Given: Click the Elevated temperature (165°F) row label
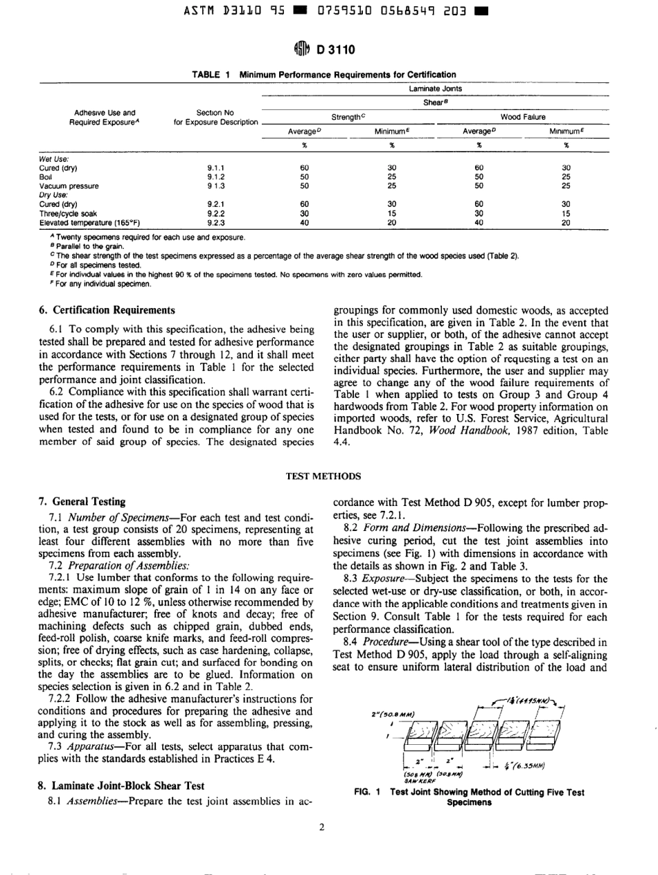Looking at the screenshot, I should tap(89, 222).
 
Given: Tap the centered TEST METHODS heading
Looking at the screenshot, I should tap(328, 476).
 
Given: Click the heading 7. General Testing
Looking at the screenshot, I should tap(82, 500).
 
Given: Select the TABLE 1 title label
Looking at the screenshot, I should tap(210, 73).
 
